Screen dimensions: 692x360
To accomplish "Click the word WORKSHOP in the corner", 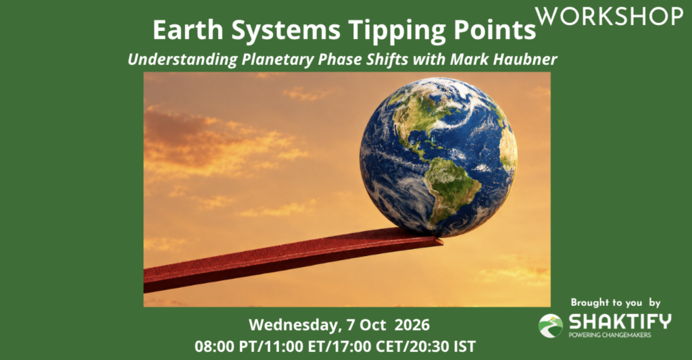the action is click(x=609, y=16).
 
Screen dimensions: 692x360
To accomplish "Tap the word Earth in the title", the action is click(x=188, y=30).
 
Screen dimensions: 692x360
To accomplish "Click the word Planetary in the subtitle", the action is click(x=278, y=60).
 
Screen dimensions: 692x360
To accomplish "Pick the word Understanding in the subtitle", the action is click(x=182, y=60).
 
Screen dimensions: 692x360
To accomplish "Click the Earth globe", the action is click(x=438, y=157).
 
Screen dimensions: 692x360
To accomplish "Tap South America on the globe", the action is click(x=452, y=188).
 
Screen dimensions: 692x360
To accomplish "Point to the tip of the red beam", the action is click(x=442, y=242).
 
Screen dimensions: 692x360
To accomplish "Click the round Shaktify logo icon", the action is click(x=550, y=326).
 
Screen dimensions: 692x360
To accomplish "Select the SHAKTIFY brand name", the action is click(x=620, y=322).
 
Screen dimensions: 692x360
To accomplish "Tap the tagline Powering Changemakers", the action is click(x=610, y=335).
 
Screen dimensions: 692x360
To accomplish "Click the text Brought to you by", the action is click(x=615, y=303).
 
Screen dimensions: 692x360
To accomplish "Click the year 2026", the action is click(x=412, y=325).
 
